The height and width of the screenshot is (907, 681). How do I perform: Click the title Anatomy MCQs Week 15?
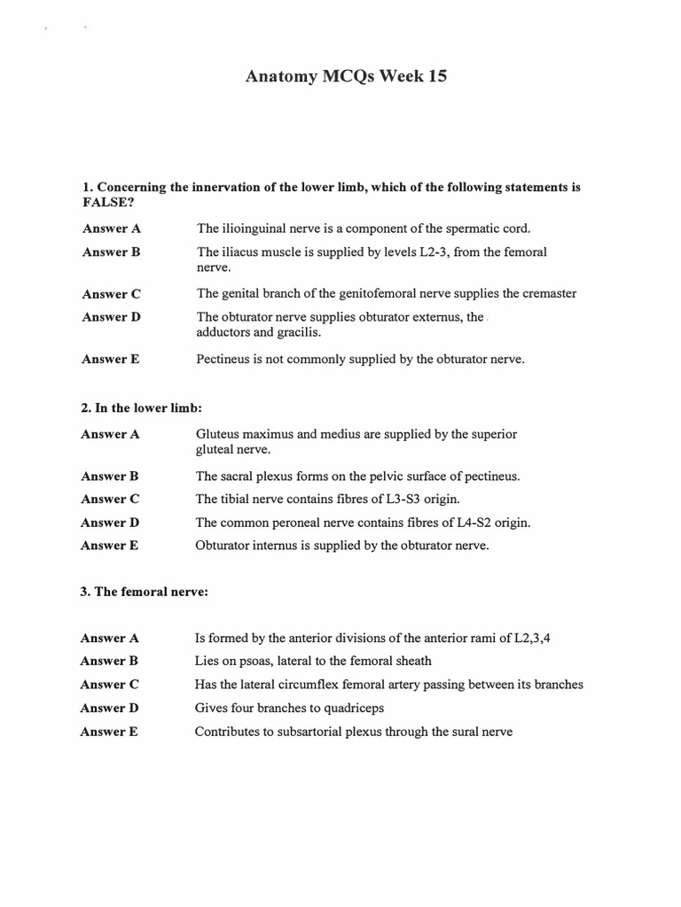click(346, 77)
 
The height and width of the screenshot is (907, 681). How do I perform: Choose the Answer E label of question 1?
click(111, 360)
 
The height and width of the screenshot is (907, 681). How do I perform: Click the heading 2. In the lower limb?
click(142, 407)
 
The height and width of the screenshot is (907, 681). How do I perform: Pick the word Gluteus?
click(218, 434)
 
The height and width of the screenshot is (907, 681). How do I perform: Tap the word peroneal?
click(294, 523)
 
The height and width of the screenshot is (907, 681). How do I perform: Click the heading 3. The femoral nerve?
click(145, 592)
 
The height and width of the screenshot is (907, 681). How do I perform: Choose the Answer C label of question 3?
click(109, 685)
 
